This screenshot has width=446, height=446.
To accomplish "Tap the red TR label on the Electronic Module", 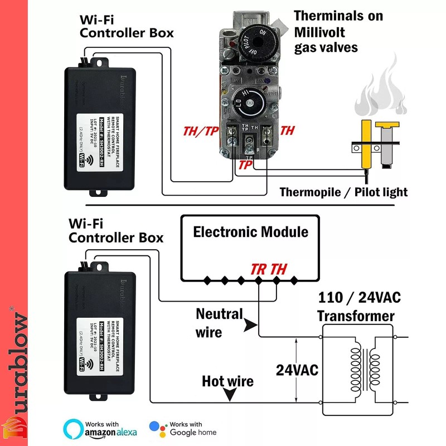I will [x=259, y=269].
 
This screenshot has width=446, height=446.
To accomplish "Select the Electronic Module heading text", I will [x=250, y=231].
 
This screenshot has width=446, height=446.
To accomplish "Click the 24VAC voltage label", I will [x=297, y=370].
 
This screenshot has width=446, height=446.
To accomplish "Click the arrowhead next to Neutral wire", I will [x=251, y=324].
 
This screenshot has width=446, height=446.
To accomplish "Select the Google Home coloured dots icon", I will [x=158, y=429].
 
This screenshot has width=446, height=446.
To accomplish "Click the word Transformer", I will [x=356, y=316].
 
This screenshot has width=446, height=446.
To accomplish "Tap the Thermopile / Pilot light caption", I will [x=343, y=192].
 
